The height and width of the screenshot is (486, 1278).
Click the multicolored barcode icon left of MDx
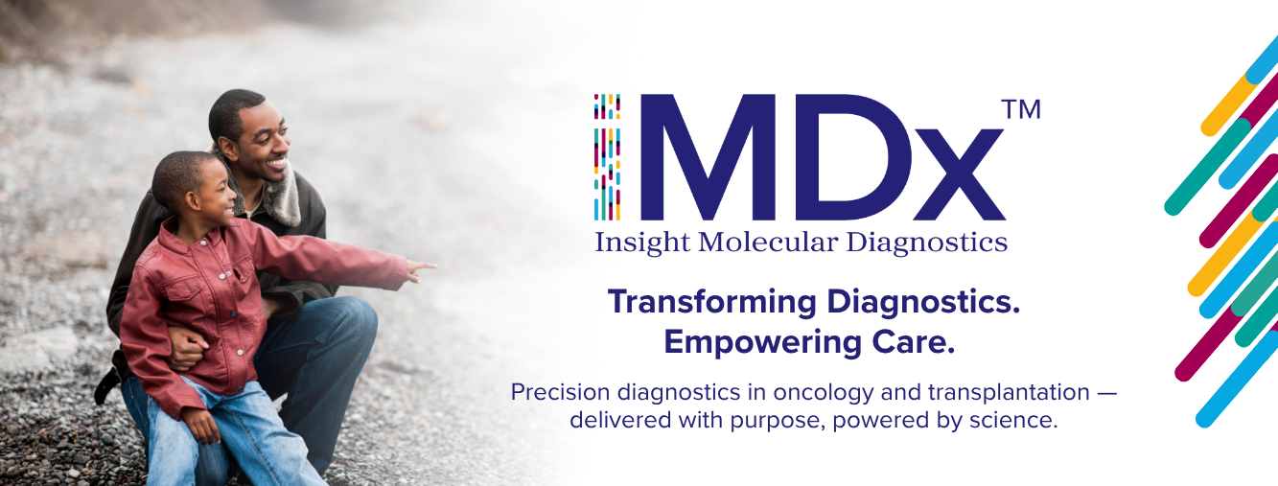coord(607,156)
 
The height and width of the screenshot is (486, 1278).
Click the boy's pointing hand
coord(421,270)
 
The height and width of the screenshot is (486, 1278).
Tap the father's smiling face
coord(263,142)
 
